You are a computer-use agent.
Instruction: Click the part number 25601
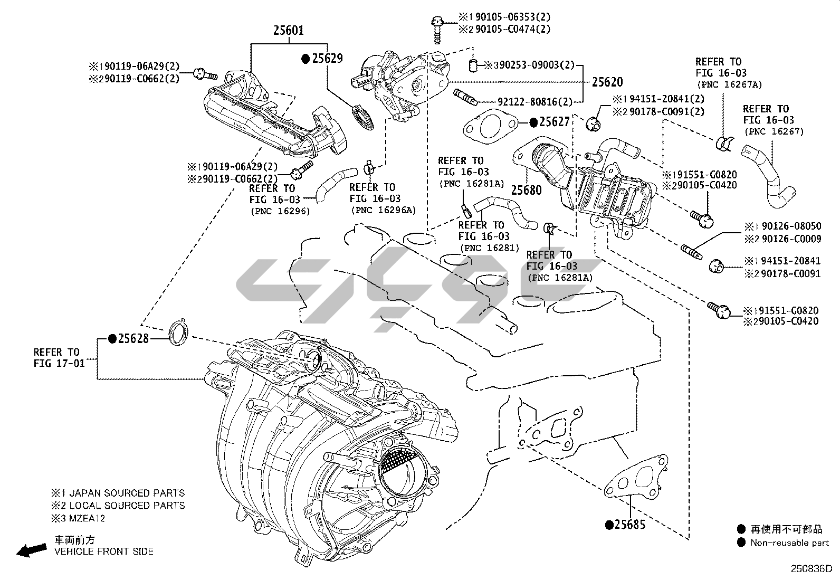coord(288,31)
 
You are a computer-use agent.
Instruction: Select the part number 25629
coord(327,59)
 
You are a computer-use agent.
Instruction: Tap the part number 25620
coord(607,82)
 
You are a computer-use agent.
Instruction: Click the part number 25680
coord(526,189)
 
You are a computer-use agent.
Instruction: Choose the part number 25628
coord(133,338)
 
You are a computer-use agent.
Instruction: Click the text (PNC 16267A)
coord(729,84)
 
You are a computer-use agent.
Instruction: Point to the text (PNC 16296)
coord(280,211)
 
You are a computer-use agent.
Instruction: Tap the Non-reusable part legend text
coord(790,543)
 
